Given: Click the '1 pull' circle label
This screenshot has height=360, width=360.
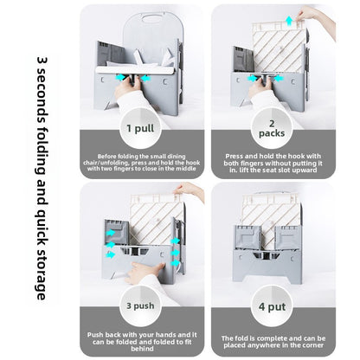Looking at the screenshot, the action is click(x=140, y=128).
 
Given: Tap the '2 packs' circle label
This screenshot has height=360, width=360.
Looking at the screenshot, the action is click(x=272, y=128).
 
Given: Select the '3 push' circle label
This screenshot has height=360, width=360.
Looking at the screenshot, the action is click(x=140, y=305).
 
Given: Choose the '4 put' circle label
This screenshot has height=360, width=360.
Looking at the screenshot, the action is click(x=272, y=306).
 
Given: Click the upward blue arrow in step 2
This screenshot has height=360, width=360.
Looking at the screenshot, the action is click(x=289, y=21).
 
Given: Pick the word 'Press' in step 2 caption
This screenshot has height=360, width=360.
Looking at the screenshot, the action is click(x=234, y=156).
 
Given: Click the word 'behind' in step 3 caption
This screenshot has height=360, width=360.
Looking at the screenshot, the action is click(x=142, y=349).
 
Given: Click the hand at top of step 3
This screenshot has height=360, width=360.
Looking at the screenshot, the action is click(x=189, y=191).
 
